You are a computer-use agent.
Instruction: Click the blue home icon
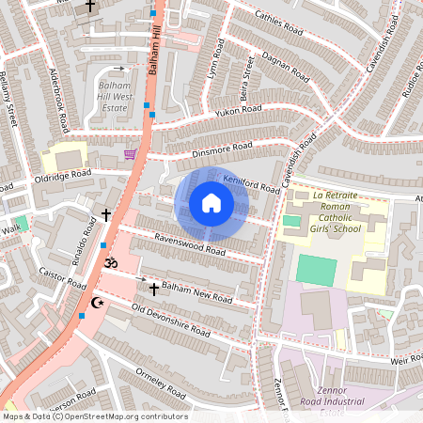[211, 203]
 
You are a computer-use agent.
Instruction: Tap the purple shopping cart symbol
[130, 153]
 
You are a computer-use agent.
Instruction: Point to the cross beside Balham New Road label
[153, 290]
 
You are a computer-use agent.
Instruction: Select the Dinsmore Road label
[217, 149]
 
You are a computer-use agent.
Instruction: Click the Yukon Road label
[239, 110]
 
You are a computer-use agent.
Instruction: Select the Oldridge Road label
[64, 175]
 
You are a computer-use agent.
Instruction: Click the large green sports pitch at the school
[316, 270]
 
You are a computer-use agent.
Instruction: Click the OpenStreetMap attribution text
[94, 415]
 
